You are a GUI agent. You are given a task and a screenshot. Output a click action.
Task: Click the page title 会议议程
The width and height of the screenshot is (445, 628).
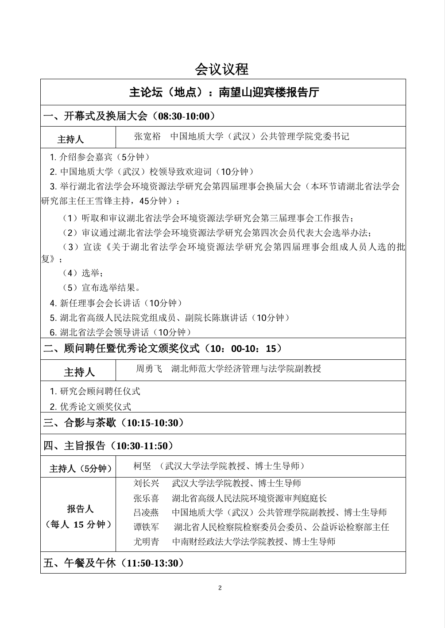[222, 69]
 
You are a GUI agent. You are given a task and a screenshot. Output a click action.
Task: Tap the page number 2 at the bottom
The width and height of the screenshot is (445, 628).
[220, 588]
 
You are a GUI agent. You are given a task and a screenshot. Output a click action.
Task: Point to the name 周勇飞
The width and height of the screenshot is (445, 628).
[149, 369]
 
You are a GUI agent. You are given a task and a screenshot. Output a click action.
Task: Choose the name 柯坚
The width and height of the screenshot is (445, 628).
[142, 466]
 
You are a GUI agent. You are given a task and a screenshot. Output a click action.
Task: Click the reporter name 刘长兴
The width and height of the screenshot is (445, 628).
[146, 483]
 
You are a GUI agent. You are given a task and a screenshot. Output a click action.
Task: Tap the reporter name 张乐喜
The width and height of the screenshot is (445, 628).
[146, 498]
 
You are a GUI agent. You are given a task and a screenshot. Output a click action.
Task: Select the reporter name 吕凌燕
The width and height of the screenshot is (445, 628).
[146, 512]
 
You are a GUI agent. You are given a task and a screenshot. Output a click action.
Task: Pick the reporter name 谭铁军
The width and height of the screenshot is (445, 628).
[146, 527]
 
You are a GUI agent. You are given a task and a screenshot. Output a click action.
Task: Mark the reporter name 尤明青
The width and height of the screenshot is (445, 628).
[146, 542]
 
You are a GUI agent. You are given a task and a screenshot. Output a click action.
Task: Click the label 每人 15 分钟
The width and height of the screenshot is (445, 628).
[78, 524]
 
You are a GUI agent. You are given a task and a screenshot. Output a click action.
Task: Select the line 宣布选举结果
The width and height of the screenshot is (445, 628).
[111, 288]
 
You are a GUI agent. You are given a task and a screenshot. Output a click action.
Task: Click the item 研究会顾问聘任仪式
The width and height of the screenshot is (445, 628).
[100, 392]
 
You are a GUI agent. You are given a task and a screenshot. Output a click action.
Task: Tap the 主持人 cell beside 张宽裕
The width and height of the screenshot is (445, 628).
[70, 139]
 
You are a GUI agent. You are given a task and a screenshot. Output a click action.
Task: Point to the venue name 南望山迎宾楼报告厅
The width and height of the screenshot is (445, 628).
[269, 92]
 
